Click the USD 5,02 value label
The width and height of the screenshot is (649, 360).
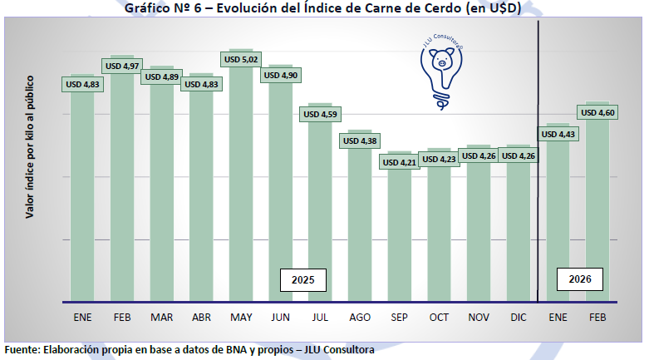(x=241, y=60)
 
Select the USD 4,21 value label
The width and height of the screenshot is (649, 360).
(x=400, y=162)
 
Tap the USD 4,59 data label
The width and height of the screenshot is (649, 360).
(x=320, y=114)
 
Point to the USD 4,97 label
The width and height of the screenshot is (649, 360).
(x=122, y=64)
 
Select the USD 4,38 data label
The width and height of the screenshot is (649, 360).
(x=360, y=141)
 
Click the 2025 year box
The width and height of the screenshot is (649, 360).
(x=302, y=280)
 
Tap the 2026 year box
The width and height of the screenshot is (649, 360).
(x=579, y=280)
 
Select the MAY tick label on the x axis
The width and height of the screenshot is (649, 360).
(x=241, y=318)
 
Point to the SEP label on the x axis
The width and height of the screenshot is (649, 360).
(x=400, y=318)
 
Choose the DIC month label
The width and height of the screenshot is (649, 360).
(x=519, y=318)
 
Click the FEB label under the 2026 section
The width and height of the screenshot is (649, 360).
(x=598, y=318)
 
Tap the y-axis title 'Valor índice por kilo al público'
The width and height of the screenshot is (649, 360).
(x=29, y=146)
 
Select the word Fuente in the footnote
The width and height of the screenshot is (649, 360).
(x=22, y=350)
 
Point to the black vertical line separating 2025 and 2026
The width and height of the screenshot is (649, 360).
(x=539, y=166)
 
